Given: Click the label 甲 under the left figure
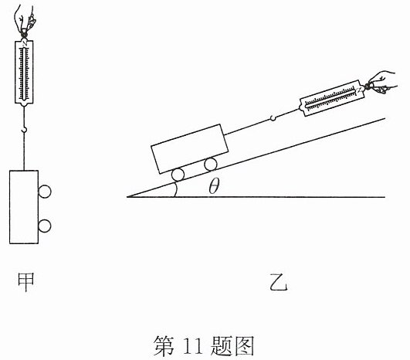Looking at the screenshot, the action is tap(25, 282).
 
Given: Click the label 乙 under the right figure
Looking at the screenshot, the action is tap(279, 282).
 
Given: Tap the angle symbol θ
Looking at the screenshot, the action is tap(214, 186).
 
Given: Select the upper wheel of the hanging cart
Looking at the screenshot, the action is tap(45, 192).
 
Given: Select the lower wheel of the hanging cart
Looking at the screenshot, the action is tap(45, 226).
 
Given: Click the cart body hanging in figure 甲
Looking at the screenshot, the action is tap(24, 207).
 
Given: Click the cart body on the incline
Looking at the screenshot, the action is tap(190, 148).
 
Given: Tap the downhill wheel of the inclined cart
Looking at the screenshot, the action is tap(178, 175).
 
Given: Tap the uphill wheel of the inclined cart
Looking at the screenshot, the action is tap(211, 165).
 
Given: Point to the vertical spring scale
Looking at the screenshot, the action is tap(24, 72).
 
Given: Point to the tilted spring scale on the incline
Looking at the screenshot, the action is tap(332, 98).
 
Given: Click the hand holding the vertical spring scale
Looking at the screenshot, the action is tap(24, 19).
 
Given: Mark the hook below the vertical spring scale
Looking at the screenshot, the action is tap(24, 129).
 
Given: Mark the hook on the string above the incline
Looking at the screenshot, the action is tap(273, 118).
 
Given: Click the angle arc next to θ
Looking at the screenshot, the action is tap(176, 190).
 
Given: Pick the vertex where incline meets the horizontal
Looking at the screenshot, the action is tap(127, 197).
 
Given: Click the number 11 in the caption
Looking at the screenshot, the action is tap(193, 345).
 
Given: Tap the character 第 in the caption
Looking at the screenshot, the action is tap(164, 345).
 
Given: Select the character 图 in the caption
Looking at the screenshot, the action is tap(245, 345).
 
